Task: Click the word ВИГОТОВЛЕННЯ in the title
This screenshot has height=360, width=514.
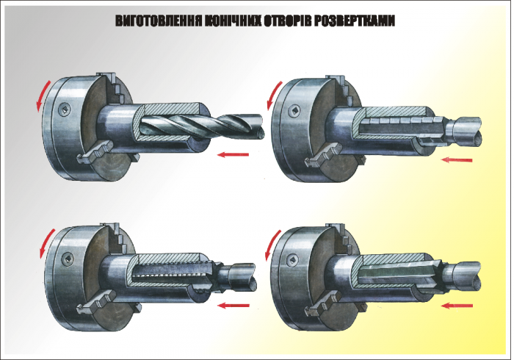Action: (159, 21)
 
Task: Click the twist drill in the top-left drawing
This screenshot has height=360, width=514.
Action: (200, 127)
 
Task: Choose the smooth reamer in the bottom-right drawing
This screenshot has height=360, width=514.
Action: (419, 276)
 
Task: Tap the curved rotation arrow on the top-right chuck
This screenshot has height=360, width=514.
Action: (273, 95)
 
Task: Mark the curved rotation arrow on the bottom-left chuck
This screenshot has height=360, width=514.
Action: (46, 242)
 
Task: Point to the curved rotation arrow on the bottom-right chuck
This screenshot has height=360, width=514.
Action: (272, 244)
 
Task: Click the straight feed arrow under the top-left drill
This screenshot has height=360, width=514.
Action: (233, 154)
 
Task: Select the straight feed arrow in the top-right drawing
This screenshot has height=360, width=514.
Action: (457, 160)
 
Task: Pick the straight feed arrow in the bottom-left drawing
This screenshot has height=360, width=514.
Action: (234, 306)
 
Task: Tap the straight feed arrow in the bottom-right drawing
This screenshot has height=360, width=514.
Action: (457, 306)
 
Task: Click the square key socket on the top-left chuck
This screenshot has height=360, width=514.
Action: (65, 109)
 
